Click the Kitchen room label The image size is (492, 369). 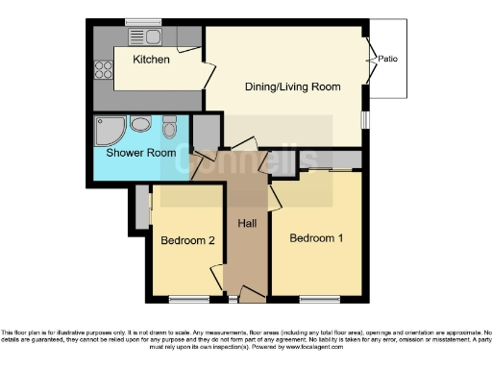pos(151,60)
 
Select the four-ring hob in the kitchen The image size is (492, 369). pos(102,68)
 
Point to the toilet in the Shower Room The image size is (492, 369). pos(169,127)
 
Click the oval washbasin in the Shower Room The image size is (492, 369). pos(140,123)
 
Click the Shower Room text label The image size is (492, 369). pos(140,153)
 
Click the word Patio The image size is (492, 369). pos(387,59)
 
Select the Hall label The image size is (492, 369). pos(247,224)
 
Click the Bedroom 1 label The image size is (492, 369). pos(315,237)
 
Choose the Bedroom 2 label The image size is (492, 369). pos(186,240)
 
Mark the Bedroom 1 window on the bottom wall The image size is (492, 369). pos(316,299)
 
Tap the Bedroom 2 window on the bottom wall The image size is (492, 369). pos(186,299)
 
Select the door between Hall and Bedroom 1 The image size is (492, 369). pos(273,196)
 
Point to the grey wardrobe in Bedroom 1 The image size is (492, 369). pos(329,160)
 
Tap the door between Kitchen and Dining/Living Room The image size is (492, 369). pos(208,75)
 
